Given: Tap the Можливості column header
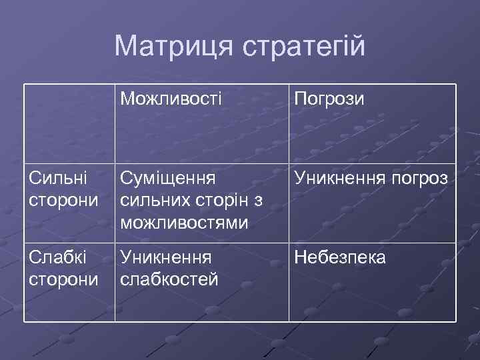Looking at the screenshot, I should (x=171, y=99).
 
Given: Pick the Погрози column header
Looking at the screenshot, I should (x=329, y=99).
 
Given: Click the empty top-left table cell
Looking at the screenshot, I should (x=69, y=123).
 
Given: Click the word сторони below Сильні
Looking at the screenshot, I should (x=64, y=201).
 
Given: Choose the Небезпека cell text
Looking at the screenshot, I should (x=339, y=257).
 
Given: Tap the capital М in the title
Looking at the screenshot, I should (x=124, y=46).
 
